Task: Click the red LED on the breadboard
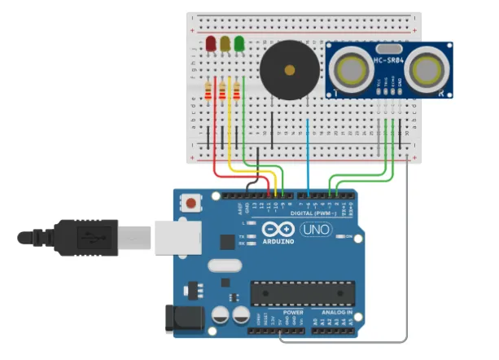pos(212,42)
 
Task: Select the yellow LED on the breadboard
pos(225,42)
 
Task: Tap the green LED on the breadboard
pos(239,42)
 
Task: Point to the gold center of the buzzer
pos(288,71)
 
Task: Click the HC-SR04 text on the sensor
pos(389,61)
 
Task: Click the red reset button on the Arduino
pos(191,203)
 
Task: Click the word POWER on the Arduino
pos(293,312)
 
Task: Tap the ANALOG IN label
pos(338,312)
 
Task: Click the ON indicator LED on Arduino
pos(347,236)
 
